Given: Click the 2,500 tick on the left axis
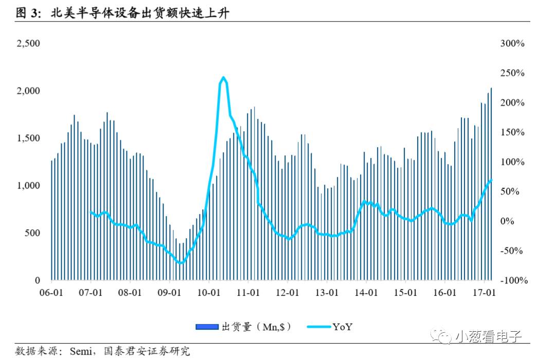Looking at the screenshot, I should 28,44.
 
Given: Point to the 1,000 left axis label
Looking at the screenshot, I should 28,186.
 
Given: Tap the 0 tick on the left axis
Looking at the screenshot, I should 37,281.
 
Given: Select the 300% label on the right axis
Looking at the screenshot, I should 512,44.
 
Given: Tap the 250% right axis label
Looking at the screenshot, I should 512,74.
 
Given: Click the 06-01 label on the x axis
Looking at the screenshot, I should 51,293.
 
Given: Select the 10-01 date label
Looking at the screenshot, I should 209,293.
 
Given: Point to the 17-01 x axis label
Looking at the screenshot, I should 484,293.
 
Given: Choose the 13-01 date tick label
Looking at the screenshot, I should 327,293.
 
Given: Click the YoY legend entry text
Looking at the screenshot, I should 342,327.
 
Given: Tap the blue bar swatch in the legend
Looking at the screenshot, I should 208,327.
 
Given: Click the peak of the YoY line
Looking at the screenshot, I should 223,78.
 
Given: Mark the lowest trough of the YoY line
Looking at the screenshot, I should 179,263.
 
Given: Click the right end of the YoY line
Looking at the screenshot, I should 492,179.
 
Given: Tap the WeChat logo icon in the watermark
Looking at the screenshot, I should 442,337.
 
